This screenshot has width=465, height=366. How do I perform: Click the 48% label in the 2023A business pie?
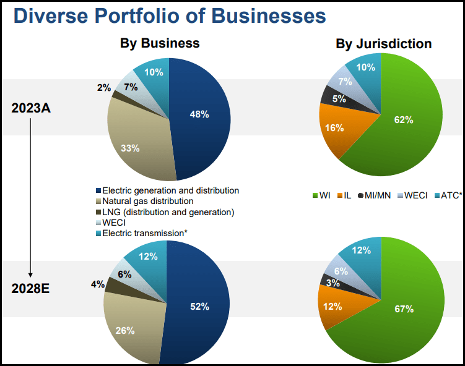coord(199,114)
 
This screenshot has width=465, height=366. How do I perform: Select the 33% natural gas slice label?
coord(130,148)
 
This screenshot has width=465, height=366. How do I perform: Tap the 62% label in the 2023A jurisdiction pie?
coord(403,120)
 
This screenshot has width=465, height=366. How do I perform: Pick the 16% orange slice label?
coord(334,128)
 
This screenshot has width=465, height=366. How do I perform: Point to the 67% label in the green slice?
coord(404,309)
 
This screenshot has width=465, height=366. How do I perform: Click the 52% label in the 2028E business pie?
coord(199,307)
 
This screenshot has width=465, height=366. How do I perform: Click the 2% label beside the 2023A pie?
coord(104,88)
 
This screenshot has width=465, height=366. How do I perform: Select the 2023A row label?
coord(31,108)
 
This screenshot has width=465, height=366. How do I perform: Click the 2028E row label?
coord(31,290)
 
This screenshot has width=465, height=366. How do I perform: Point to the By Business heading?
coord(160,43)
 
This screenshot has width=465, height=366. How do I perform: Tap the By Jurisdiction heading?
coord(384,44)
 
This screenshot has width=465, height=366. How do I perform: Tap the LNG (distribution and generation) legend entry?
coord(167,212)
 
